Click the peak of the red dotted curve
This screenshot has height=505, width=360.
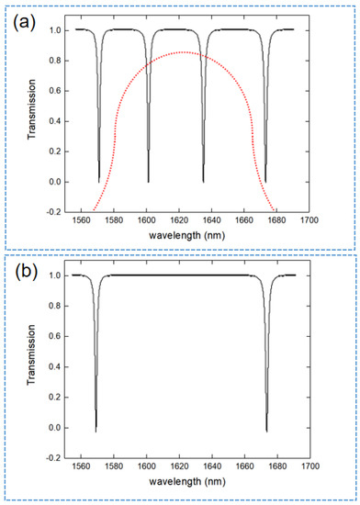click(x=185, y=52)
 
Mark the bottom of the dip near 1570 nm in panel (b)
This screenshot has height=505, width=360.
click(x=96, y=430)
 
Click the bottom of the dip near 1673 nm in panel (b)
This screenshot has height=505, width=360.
click(x=266, y=430)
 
